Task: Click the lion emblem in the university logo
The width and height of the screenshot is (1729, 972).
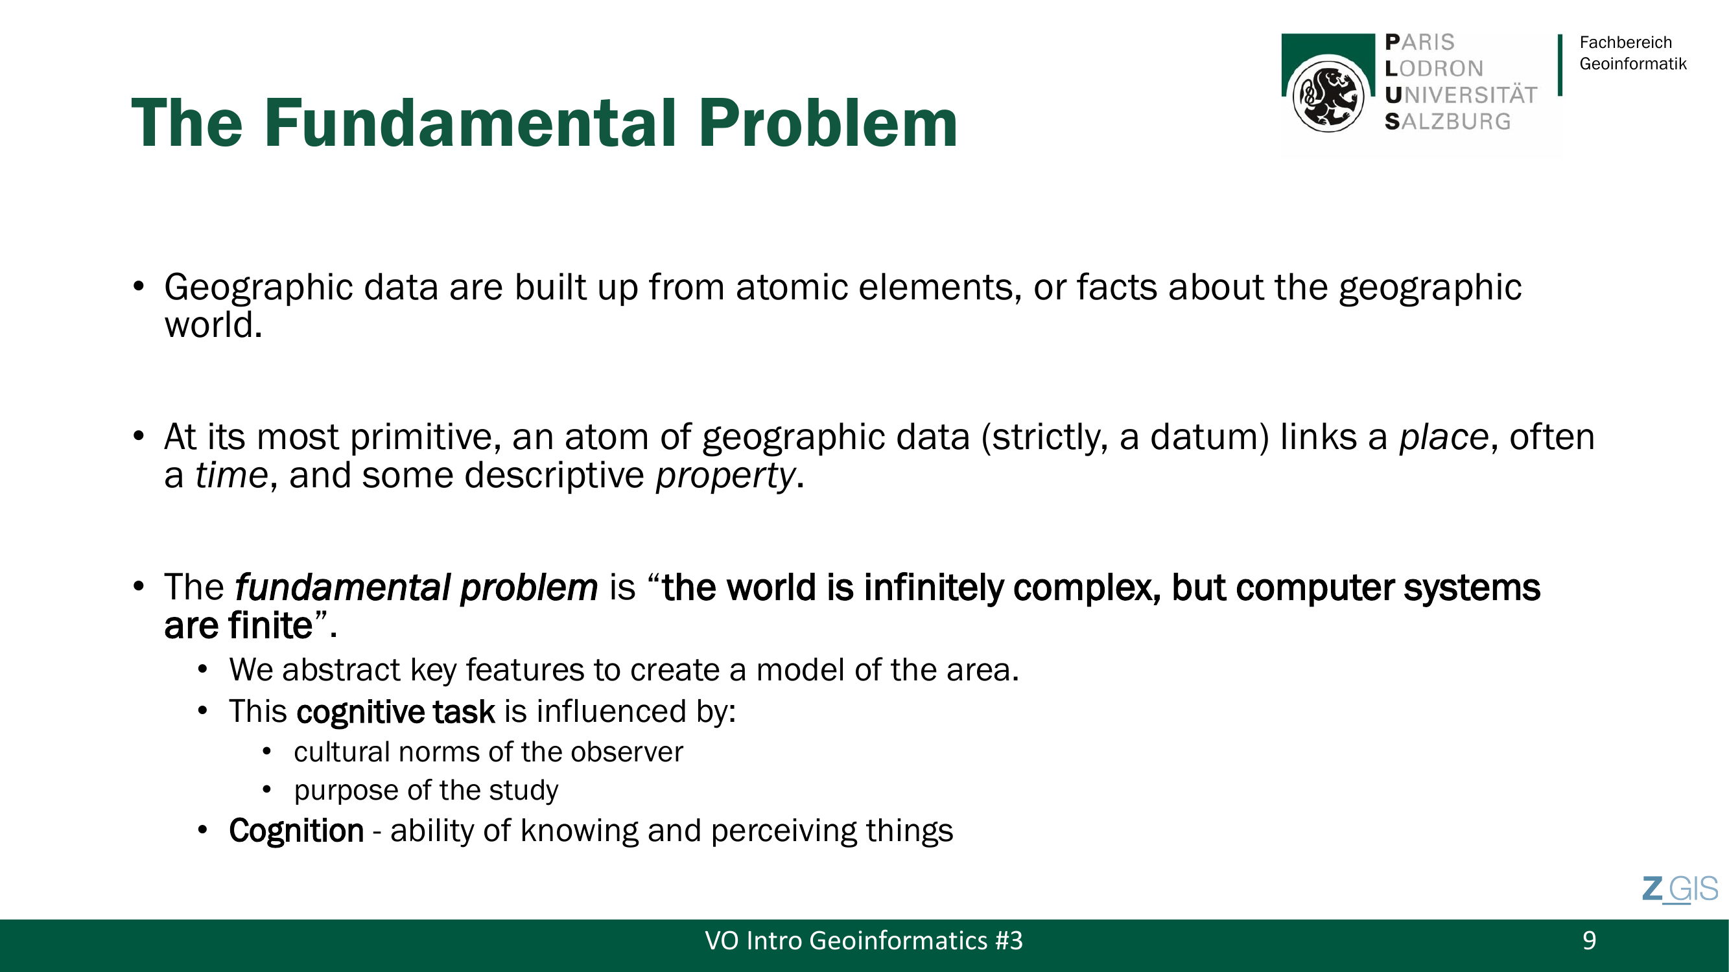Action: click(x=1328, y=95)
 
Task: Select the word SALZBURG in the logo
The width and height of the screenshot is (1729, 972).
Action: click(x=1448, y=121)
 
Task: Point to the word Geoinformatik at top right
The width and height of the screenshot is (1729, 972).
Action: click(x=1633, y=64)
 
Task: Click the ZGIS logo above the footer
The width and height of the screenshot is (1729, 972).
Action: click(x=1680, y=890)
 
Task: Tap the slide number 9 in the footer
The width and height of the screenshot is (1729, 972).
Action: click(x=1590, y=940)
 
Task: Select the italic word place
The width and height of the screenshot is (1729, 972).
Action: click(x=1444, y=437)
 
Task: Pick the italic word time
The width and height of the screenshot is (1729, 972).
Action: click(x=231, y=476)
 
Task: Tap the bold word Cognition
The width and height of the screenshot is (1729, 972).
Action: click(x=297, y=831)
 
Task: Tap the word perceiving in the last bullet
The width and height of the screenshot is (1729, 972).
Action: click(x=783, y=832)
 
